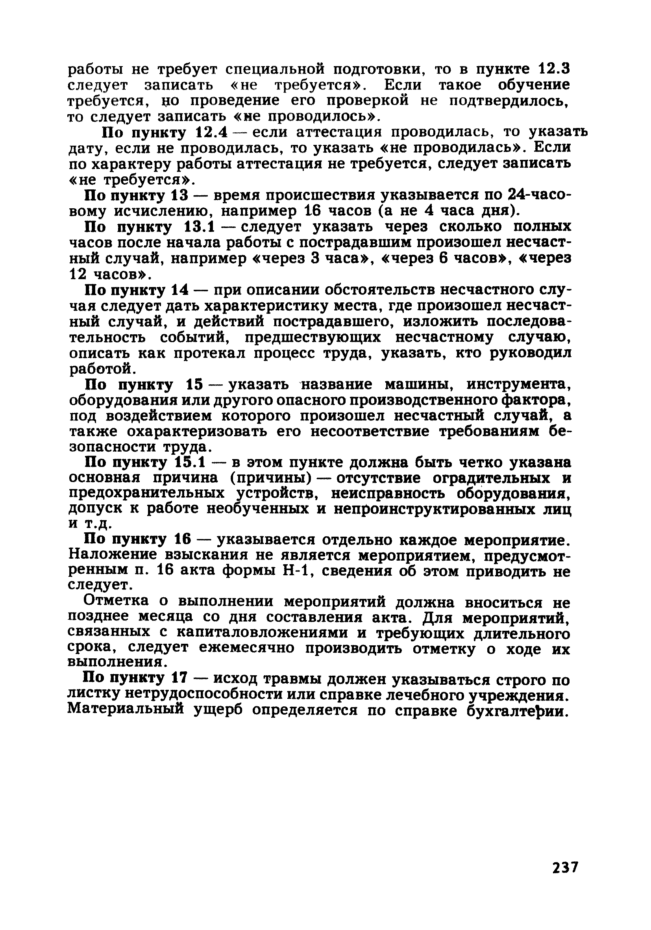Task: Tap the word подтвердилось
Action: pyautogui.click(x=509, y=101)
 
